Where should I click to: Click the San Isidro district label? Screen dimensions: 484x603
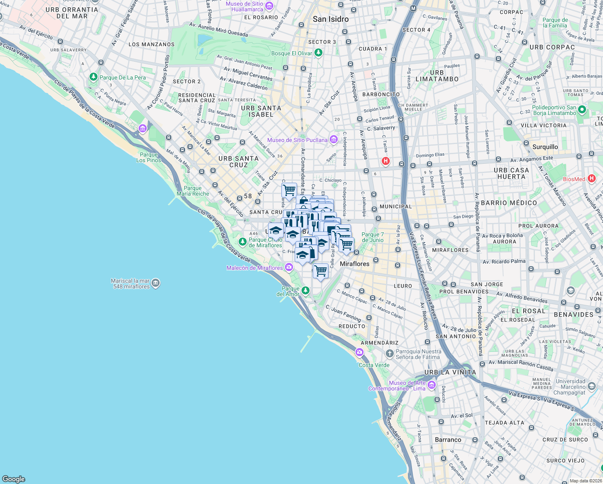coord(331,19)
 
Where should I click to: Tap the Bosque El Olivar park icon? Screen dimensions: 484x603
coord(318,53)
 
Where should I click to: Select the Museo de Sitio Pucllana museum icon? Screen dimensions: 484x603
coord(333,140)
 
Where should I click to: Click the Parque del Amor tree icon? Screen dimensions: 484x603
coord(306,290)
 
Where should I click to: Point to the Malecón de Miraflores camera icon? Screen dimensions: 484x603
coord(289,267)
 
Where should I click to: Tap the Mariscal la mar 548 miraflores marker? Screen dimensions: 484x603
coord(156,283)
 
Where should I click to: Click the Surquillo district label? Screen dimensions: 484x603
coord(545,147)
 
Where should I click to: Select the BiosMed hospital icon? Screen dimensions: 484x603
coord(591,178)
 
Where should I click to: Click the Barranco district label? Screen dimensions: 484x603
coord(448,440)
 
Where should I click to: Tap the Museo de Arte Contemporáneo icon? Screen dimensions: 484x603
coord(432,385)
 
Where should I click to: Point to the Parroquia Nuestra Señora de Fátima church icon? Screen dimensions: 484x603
coord(389,354)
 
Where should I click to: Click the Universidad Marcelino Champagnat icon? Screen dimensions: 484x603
coord(591,386)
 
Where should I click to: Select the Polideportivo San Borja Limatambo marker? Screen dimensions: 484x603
coord(582,110)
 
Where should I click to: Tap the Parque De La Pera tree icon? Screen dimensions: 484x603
coord(94,77)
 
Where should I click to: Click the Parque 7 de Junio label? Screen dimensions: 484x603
coord(372,237)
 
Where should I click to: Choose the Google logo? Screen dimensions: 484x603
coord(13,479)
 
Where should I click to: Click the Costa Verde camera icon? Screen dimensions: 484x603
coord(359,353)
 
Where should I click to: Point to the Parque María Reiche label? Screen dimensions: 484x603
coord(193,191)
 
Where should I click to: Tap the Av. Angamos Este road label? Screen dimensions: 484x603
coord(532,159)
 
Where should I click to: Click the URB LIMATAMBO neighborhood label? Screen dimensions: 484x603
coord(437,76)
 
